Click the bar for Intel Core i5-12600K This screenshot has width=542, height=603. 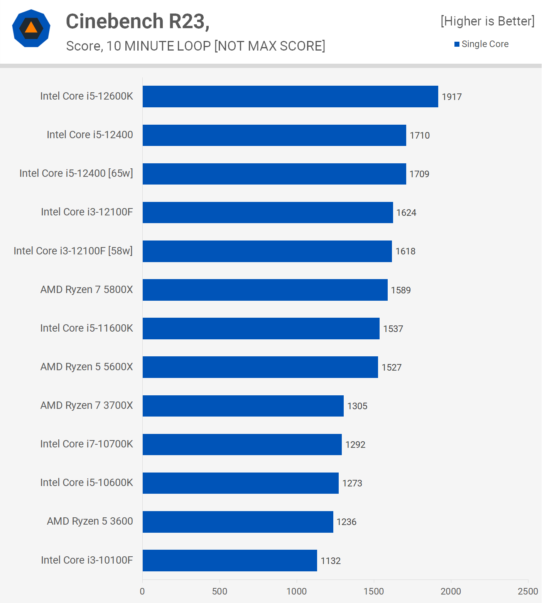pyautogui.click(x=290, y=97)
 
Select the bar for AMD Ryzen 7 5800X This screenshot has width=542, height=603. pyautogui.click(x=265, y=290)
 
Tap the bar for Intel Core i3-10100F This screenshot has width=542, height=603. pyautogui.click(x=230, y=561)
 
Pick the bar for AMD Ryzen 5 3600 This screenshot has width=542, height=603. pyautogui.click(x=238, y=522)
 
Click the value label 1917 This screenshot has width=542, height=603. pyautogui.click(x=451, y=97)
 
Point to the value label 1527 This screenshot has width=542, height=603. pyautogui.click(x=391, y=368)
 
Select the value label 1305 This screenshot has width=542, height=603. pyautogui.click(x=357, y=406)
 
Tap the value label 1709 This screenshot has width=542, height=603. pyautogui.click(x=419, y=174)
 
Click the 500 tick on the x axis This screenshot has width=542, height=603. pyautogui.click(x=220, y=591)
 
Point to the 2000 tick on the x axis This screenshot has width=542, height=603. pyautogui.click(x=451, y=591)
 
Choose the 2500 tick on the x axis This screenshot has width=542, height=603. pyautogui.click(x=528, y=591)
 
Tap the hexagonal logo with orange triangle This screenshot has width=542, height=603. pyautogui.click(x=31, y=29)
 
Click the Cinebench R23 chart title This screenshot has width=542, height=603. pyautogui.click(x=138, y=21)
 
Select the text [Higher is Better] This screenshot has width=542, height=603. pyautogui.click(x=488, y=21)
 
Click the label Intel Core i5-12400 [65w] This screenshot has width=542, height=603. pyautogui.click(x=76, y=173)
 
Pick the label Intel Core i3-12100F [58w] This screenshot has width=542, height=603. pyautogui.click(x=73, y=251)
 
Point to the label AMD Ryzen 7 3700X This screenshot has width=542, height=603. pyautogui.click(x=86, y=405)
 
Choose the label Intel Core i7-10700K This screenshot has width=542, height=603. pyautogui.click(x=86, y=444)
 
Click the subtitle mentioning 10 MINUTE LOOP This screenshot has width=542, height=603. pyautogui.click(x=196, y=46)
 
